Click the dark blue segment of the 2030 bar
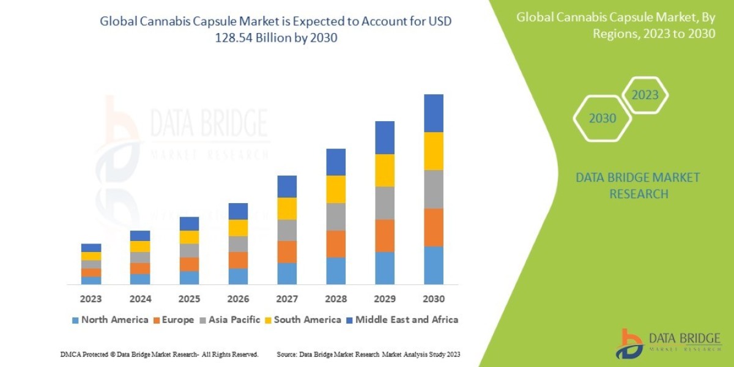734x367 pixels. point(434,113)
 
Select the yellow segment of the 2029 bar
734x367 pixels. point(385,170)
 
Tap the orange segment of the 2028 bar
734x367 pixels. point(336,243)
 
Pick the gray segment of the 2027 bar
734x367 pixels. point(287,230)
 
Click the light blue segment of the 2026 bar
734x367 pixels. point(238,276)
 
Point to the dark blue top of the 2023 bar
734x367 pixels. point(91,248)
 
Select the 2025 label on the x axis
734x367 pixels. point(189,299)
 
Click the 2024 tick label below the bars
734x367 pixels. point(140,299)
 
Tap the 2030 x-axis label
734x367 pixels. point(434,299)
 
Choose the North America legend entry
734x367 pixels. point(110,319)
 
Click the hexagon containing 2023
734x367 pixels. point(645,95)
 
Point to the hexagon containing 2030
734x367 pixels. point(602,119)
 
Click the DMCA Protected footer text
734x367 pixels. point(159,354)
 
